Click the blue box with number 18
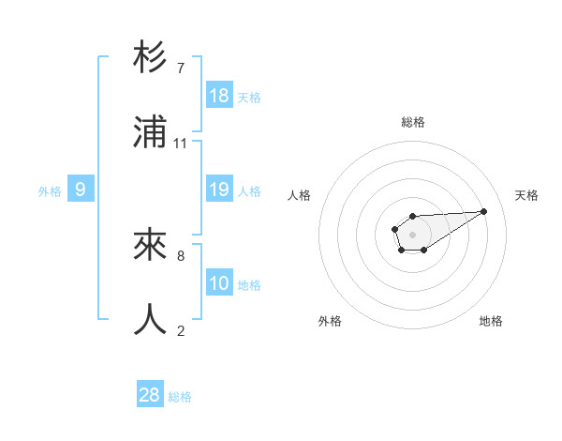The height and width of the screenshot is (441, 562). [x=219, y=96]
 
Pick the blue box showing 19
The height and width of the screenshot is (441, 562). [x=219, y=190]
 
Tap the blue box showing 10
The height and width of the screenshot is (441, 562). [x=219, y=283]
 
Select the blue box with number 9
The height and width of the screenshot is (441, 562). [x=81, y=190]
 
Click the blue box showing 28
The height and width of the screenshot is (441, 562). [x=150, y=395]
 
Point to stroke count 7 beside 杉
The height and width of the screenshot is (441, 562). [x=180, y=68]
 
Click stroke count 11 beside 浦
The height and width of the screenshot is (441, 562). [x=181, y=144]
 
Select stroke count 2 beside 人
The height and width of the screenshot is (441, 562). [x=180, y=330]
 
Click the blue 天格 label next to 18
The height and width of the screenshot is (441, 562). [x=249, y=98]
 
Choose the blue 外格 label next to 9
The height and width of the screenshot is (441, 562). [x=50, y=191]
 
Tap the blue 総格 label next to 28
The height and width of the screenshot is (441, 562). [x=180, y=397]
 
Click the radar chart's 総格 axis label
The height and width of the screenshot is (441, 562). [x=413, y=122]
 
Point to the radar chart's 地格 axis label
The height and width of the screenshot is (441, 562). [x=491, y=321]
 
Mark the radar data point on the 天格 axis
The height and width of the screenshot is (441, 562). [x=484, y=210]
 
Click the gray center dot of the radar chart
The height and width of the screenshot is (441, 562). [x=412, y=234]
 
